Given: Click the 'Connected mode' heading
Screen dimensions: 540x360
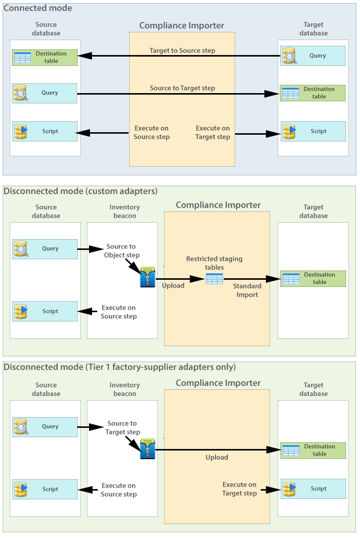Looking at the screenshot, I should point(38,8).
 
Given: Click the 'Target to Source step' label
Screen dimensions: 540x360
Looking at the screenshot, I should point(182,50).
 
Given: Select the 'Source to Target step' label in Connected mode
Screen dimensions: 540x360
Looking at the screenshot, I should point(182,88).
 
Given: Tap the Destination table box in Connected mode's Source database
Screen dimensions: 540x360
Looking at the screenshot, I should point(45,57).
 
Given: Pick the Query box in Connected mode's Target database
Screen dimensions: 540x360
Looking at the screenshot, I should point(313,56).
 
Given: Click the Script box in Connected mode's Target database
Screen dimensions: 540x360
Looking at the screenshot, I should point(313,131).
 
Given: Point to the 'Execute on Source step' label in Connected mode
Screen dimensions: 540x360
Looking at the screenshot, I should point(151,133).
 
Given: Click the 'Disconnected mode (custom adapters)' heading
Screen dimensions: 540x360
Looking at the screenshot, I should point(81,191).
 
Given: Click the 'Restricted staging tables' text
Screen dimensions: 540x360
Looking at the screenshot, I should point(214,263).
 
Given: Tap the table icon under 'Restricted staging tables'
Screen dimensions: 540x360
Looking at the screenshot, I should point(214,279).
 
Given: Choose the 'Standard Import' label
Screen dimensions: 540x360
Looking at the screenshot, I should point(247,290).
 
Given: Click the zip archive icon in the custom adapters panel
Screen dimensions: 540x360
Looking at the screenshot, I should point(148,277).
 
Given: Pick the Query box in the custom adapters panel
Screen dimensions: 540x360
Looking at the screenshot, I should point(45,248).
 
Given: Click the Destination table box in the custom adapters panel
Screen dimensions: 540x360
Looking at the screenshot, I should point(313,279).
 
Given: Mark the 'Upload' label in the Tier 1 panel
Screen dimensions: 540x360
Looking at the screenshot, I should point(217,457).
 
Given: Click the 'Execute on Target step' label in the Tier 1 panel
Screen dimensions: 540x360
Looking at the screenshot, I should point(239,489).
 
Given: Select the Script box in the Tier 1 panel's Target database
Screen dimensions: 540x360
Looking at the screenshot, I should point(313,489).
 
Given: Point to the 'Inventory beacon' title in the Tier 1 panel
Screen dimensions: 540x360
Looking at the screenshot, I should point(124,389).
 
